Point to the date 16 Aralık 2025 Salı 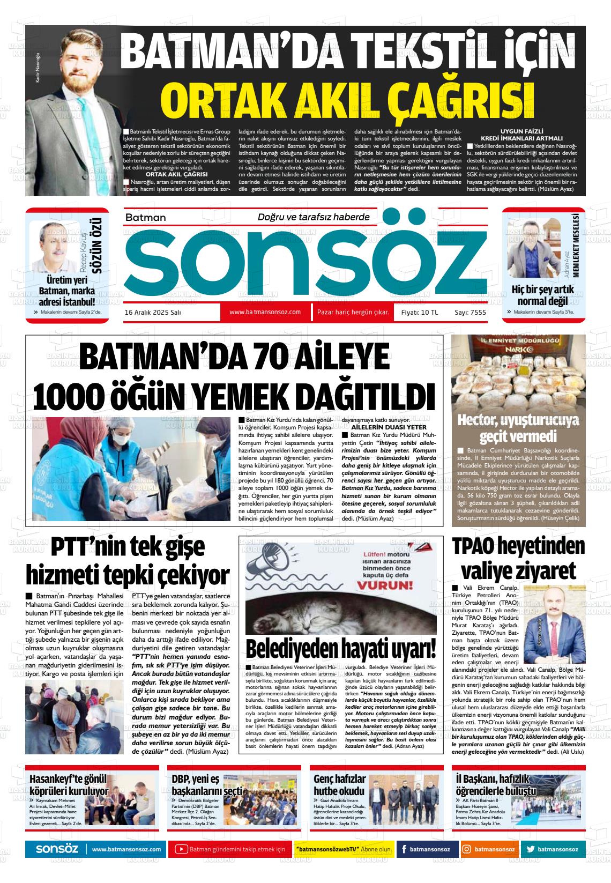click(152, 312)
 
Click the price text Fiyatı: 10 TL click(420, 312)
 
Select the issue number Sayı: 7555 click(470, 312)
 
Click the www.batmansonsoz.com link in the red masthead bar click(265, 312)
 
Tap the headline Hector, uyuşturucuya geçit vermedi click(518, 427)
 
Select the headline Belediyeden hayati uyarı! click(341, 649)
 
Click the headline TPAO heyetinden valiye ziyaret click(518, 558)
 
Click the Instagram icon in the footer click(467, 849)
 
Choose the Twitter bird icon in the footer click(530, 849)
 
